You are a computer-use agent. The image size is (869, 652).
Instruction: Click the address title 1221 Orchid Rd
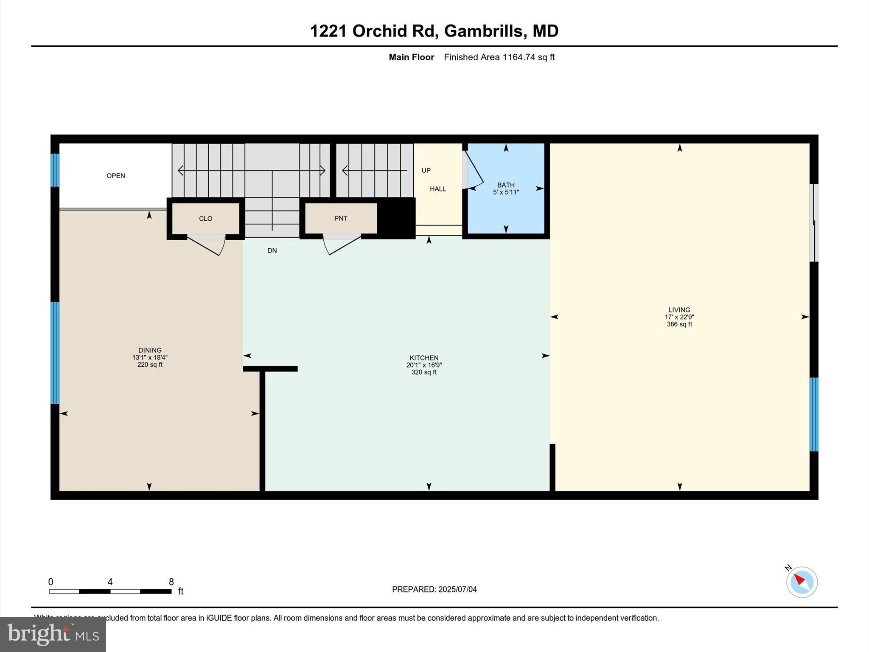coord(434,31)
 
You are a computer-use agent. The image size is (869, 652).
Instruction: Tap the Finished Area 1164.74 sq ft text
coord(499,57)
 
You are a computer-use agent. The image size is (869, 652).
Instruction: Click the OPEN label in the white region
coord(115,176)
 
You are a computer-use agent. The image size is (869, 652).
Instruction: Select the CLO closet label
coord(205,219)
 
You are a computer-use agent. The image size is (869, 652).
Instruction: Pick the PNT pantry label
coord(341,218)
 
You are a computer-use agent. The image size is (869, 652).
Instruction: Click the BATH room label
coord(506,185)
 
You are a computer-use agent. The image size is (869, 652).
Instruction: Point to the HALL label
coord(438,189)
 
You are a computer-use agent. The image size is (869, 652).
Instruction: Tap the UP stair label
coord(426,170)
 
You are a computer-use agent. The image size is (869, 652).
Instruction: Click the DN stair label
coord(272,250)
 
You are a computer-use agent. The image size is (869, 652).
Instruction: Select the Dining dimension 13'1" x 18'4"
coord(150,357)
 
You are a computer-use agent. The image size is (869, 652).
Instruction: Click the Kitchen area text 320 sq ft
coord(424,372)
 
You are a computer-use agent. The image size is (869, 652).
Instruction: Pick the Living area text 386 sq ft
coord(679,324)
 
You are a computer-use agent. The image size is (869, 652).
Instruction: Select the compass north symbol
coord(802,582)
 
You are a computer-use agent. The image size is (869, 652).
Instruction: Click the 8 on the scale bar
coord(171,582)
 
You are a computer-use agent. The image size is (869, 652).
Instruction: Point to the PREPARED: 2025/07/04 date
coord(434,589)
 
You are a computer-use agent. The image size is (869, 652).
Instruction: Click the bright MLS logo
coord(53,634)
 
